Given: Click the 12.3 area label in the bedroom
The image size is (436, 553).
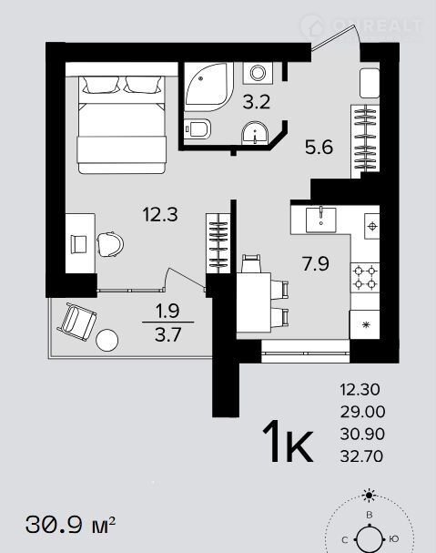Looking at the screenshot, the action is pyautogui.click(x=160, y=214).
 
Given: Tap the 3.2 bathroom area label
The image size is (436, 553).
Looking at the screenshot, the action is pyautogui.click(x=257, y=102).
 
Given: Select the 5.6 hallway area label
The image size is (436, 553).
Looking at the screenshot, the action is pyautogui.click(x=319, y=147).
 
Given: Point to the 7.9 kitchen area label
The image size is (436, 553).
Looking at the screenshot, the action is pyautogui.click(x=316, y=263).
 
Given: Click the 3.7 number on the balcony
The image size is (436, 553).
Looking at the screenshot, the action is pyautogui.click(x=167, y=334).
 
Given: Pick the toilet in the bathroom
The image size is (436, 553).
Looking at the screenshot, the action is pyautogui.click(x=198, y=128).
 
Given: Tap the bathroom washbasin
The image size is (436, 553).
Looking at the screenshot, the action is pyautogui.click(x=255, y=133).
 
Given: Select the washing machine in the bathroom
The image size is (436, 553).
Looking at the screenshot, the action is pyautogui.click(x=258, y=73).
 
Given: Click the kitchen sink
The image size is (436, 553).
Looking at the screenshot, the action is pyautogui.click(x=320, y=220).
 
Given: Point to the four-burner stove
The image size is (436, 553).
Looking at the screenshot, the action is pyautogui.click(x=365, y=277).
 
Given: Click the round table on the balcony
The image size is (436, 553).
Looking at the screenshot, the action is pyautogui.click(x=106, y=340).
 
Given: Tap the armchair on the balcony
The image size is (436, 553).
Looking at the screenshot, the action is pyautogui.click(x=76, y=322).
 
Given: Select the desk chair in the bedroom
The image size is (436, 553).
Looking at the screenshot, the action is pyautogui.click(x=110, y=244).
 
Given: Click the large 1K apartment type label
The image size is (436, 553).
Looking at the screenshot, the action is pyautogui.click(x=288, y=441).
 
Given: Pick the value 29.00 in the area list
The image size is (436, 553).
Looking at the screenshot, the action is pyautogui.click(x=362, y=412).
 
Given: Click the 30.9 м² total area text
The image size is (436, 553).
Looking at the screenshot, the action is pyautogui.click(x=70, y=525).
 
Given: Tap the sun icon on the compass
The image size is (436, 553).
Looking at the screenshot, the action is pyautogui.click(x=369, y=496).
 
